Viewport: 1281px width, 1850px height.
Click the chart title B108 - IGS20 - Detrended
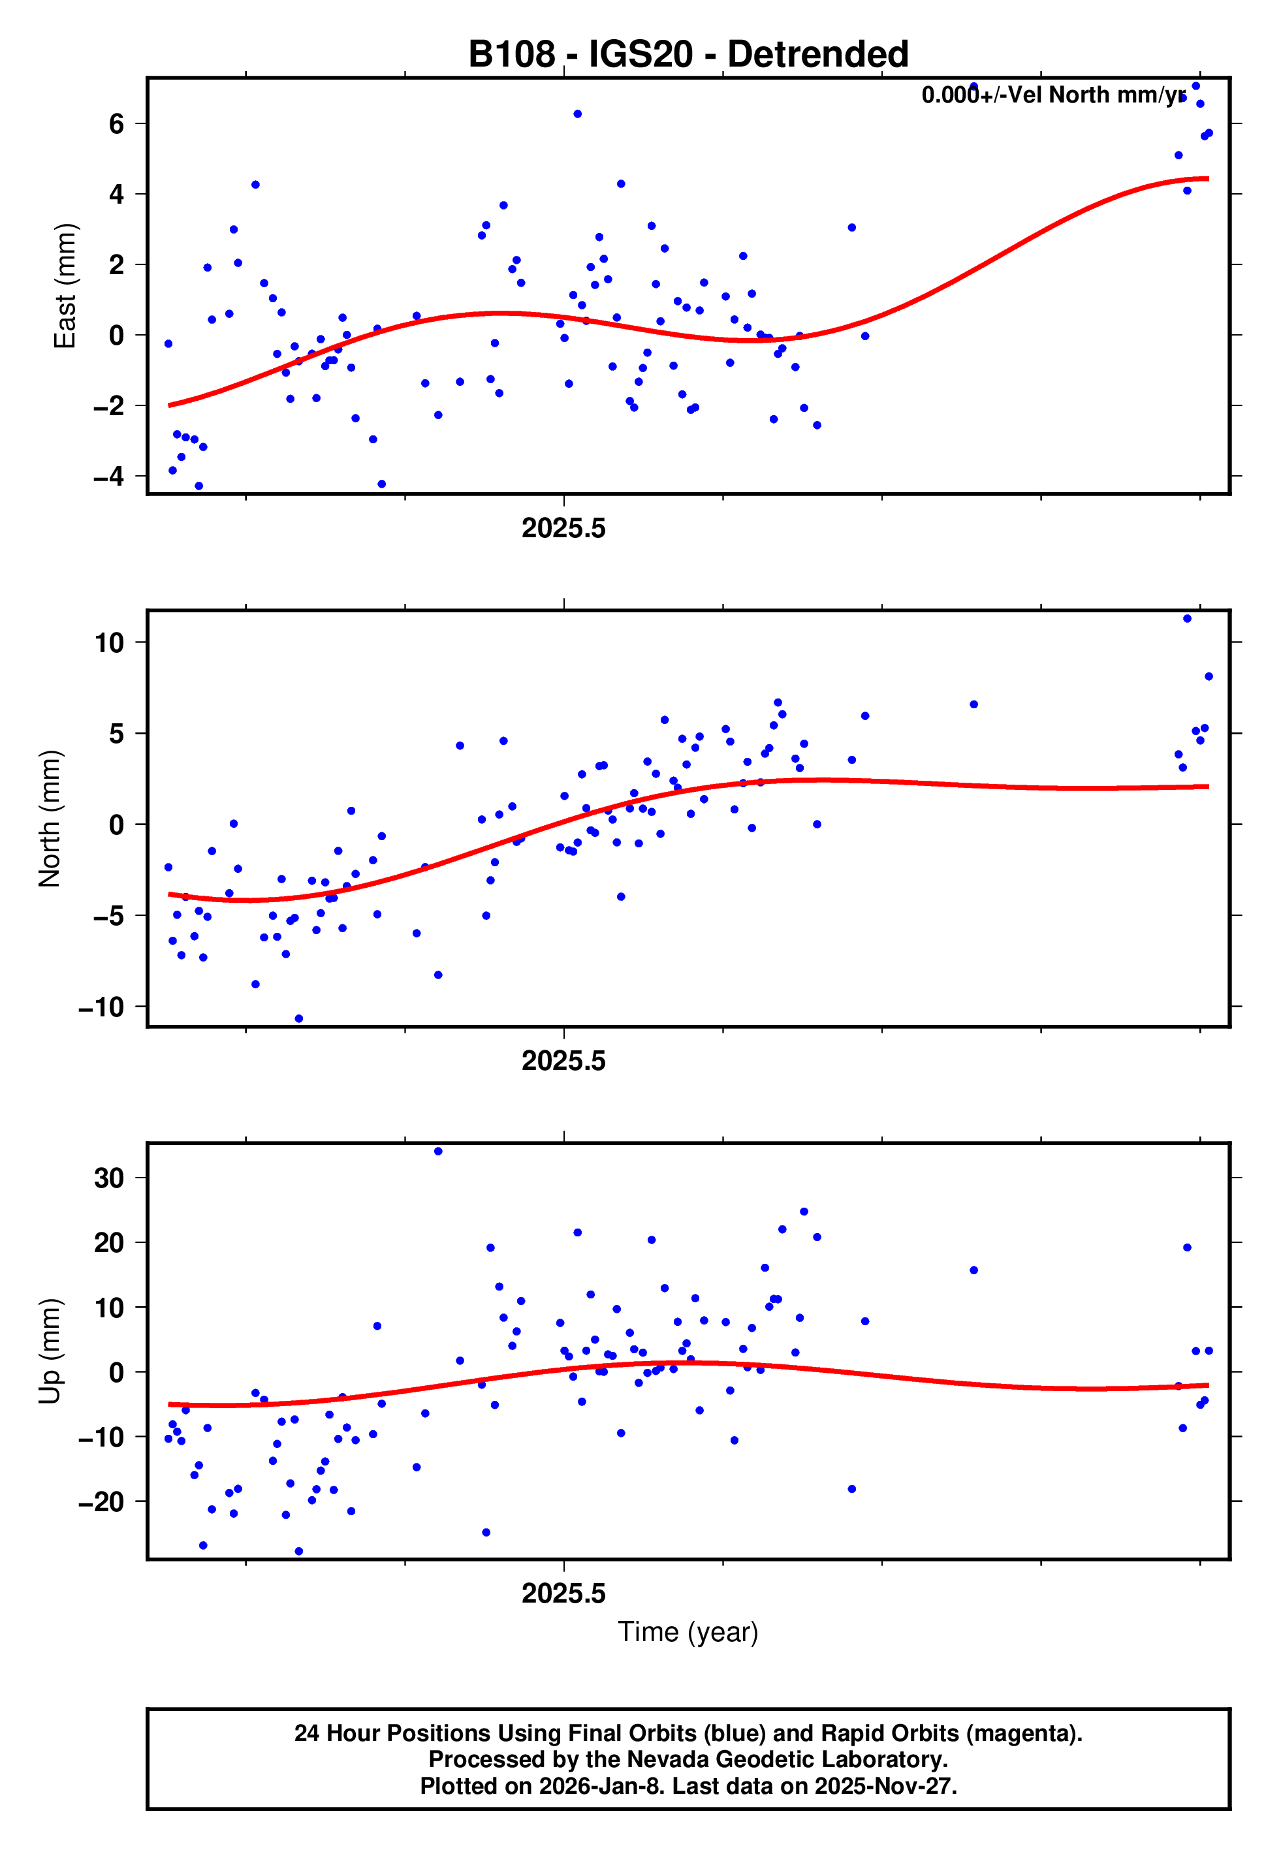coord(688,55)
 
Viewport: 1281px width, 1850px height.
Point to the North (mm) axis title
coord(50,819)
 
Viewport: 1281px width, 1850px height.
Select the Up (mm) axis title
coord(50,1350)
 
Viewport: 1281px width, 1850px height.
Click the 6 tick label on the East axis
coord(117,123)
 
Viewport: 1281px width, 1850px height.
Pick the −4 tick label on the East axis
coord(109,476)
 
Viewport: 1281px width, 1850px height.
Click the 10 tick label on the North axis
coord(109,642)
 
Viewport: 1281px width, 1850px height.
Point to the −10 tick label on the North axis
coord(101,1007)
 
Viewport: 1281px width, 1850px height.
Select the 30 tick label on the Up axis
coord(109,1178)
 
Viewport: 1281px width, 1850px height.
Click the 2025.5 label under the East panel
coord(563,528)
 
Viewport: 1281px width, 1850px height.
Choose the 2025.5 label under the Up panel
coord(563,1593)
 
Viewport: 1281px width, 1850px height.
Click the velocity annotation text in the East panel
coord(1052,95)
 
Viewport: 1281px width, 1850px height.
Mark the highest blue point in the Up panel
coord(438,1152)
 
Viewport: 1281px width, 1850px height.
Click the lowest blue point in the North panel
coord(298,1019)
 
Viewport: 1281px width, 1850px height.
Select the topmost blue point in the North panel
coord(1187,619)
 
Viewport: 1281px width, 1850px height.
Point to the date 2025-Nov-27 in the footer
coord(883,1786)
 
